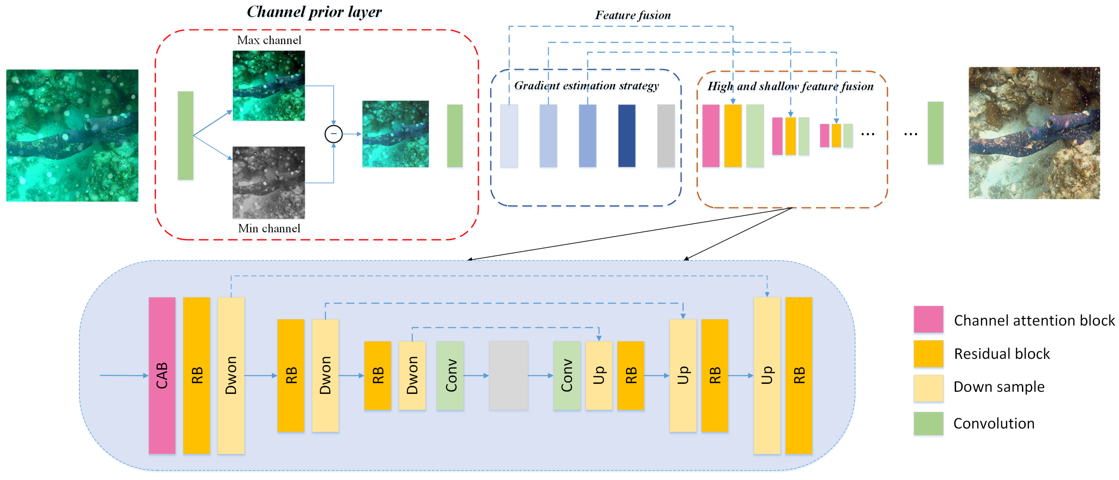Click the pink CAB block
point(162,375)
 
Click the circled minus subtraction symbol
point(334,134)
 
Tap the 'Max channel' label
point(269,40)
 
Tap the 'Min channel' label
point(269,228)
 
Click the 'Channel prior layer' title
point(314,12)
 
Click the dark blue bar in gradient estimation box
point(626,135)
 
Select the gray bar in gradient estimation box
point(666,135)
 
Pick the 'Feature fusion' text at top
point(633,15)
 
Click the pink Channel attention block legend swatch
point(928,319)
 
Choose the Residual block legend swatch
point(928,353)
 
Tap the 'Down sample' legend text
point(999,387)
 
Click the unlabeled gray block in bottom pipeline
point(508,375)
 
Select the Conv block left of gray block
point(450,375)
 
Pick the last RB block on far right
point(798,375)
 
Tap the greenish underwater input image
point(72,135)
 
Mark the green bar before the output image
point(935,133)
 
